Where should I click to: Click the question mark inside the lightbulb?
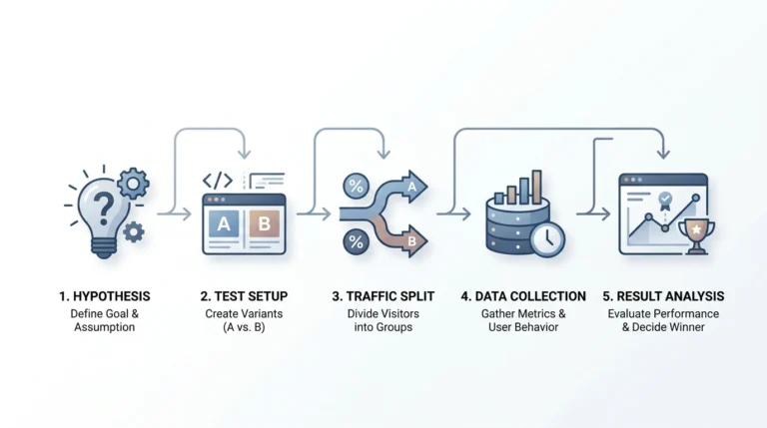click(x=103, y=209)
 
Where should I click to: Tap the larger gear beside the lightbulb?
click(x=133, y=184)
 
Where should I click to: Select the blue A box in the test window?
click(x=224, y=223)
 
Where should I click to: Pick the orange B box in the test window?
click(x=264, y=223)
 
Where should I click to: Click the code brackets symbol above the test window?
click(x=218, y=181)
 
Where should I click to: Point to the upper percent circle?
click(x=357, y=187)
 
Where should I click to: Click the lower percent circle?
click(x=357, y=241)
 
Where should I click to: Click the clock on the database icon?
click(x=548, y=239)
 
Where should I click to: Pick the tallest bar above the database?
click(x=536, y=187)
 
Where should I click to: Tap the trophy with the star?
click(x=696, y=236)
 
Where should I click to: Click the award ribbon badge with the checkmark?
click(x=665, y=201)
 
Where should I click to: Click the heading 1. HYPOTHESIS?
click(x=105, y=296)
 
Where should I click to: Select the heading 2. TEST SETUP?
click(x=244, y=296)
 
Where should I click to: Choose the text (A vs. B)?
click(x=244, y=327)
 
